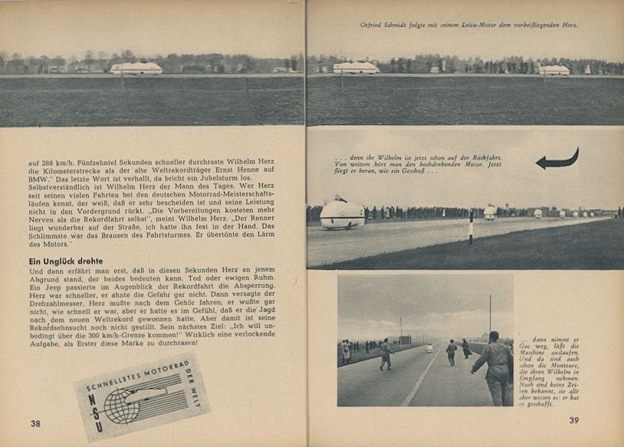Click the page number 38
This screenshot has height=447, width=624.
tap(35, 423)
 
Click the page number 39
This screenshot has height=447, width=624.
tap(573, 419)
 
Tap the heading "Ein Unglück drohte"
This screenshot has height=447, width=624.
tap(67, 261)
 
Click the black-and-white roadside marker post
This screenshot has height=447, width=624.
tap(471, 229)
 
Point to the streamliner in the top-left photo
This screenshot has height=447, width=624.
tap(136, 68)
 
